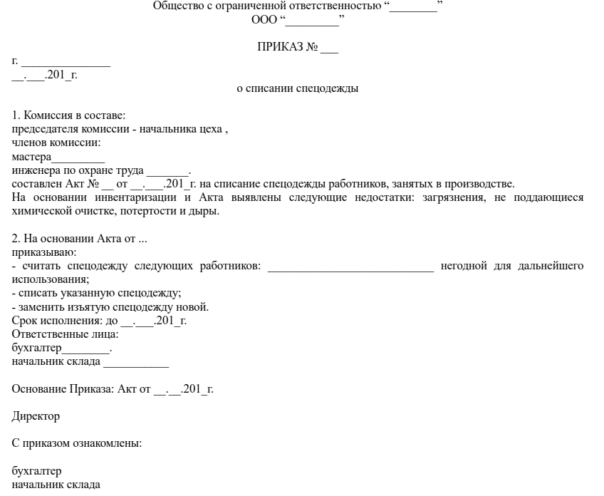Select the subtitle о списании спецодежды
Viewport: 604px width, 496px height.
coord(297,89)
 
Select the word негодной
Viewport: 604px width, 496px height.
coord(464,266)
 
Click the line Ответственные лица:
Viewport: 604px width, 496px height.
coord(65,334)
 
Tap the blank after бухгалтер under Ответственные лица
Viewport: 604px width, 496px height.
coord(86,349)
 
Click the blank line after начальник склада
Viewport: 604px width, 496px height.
coord(136,363)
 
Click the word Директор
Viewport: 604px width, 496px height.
coord(36,415)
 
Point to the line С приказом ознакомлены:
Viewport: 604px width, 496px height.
coord(77,443)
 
